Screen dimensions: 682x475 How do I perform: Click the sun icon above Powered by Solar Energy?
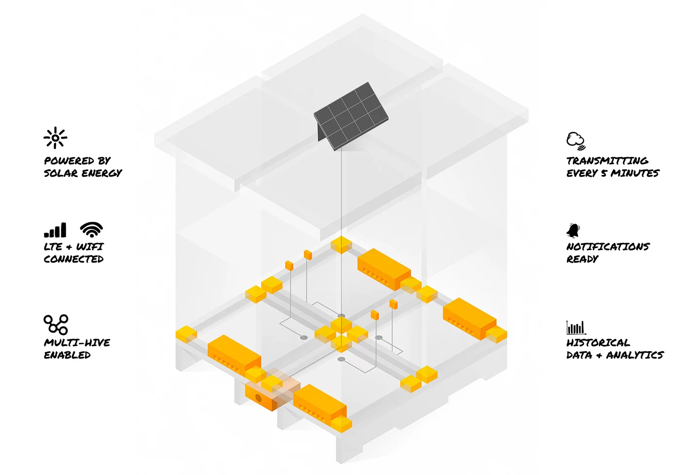tap(55, 138)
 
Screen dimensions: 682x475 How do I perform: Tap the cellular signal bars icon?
tap(55, 230)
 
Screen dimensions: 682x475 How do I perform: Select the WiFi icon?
tap(92, 229)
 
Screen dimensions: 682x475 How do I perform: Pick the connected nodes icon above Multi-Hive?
tap(56, 324)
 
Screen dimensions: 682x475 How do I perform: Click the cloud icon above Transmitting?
tap(576, 141)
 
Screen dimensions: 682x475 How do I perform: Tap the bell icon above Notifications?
tap(573, 230)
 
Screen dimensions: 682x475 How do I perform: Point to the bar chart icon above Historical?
tap(576, 327)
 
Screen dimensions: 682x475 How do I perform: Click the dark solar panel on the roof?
tap(351, 116)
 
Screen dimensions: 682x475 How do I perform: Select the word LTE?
tap(53, 247)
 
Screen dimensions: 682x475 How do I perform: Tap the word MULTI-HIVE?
tap(77, 343)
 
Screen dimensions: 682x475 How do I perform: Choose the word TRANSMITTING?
tap(607, 161)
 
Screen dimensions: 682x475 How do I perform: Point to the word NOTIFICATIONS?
tap(608, 247)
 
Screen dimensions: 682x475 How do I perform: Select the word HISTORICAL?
tap(598, 343)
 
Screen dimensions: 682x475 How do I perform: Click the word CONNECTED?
tap(74, 259)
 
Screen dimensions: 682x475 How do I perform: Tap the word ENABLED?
tap(67, 355)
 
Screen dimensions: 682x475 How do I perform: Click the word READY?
tap(582, 259)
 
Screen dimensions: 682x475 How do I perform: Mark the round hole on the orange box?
tap(259, 398)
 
